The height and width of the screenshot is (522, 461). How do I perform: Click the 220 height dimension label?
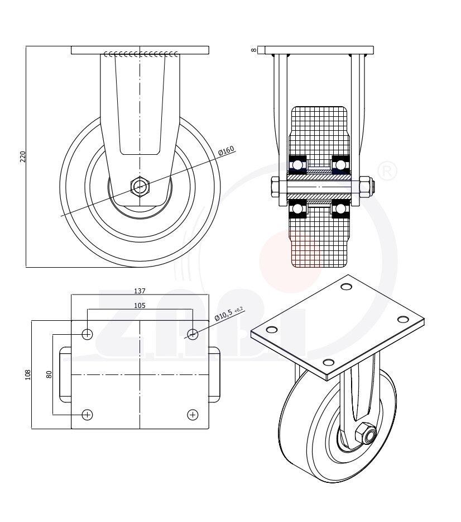[x=23, y=156]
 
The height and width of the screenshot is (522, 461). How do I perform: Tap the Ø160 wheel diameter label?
[x=226, y=151]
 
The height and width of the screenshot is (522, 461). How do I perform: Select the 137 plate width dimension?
[x=140, y=291]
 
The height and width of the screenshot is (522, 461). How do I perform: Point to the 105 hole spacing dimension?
[x=140, y=305]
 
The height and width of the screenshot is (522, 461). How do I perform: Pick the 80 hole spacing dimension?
[x=49, y=374]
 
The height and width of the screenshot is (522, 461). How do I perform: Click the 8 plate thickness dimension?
[x=254, y=50]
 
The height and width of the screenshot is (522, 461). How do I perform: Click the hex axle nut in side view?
[x=140, y=187]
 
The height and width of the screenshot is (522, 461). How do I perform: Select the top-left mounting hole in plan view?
[x=87, y=334]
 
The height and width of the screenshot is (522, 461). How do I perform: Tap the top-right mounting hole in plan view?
[x=193, y=334]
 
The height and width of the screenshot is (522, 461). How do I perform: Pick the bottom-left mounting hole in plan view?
[x=87, y=415]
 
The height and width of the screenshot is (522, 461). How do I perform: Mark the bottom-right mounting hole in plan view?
[x=193, y=415]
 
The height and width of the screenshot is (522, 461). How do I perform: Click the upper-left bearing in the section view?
[x=298, y=164]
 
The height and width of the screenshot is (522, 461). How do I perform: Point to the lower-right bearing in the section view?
[x=340, y=209]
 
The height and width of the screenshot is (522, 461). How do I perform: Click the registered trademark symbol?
[x=387, y=171]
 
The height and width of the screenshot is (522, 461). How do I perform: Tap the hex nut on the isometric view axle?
[x=365, y=434]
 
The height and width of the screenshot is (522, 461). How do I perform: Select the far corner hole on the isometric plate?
[x=346, y=287]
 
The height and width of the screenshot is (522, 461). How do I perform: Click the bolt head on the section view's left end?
[x=275, y=187]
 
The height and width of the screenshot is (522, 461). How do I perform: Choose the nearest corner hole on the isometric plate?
[x=328, y=363]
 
